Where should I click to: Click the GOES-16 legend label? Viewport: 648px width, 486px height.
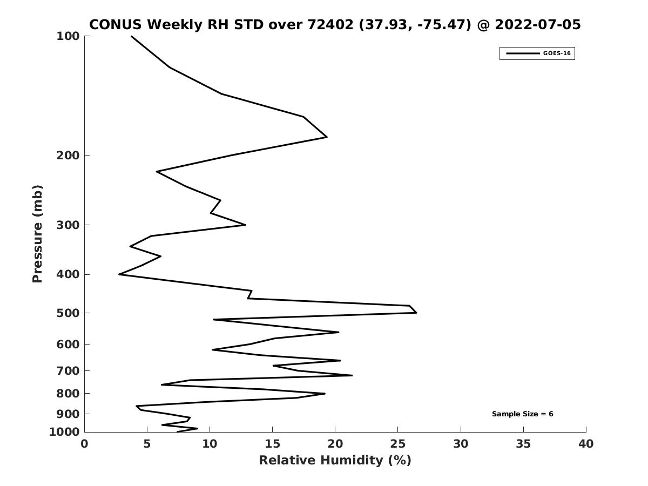click(557, 53)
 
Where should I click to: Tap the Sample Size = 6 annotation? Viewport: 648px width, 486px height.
click(522, 414)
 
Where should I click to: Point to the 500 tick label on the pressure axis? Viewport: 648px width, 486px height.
click(68, 313)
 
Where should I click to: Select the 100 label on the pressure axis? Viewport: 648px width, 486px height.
click(68, 36)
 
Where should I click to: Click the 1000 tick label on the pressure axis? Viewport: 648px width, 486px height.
click(64, 432)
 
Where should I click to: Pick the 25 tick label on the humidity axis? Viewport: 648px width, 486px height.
click(397, 444)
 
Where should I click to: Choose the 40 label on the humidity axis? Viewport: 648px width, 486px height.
click(586, 444)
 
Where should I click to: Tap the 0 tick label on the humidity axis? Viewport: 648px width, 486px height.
click(84, 444)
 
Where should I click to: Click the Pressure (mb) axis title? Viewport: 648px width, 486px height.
click(37, 234)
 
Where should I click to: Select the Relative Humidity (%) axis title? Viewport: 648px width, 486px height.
click(335, 460)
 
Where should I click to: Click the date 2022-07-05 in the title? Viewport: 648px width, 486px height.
click(538, 24)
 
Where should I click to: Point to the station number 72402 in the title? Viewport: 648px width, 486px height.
click(330, 24)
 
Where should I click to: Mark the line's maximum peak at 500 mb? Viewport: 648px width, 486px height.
click(416, 313)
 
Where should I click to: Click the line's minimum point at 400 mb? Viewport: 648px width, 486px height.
click(119, 274)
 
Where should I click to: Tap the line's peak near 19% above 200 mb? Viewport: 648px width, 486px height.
click(327, 137)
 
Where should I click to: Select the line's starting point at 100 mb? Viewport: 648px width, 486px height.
click(131, 36)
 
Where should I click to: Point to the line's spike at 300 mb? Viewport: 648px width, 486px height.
click(245, 225)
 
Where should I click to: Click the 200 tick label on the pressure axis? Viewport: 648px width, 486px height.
click(68, 155)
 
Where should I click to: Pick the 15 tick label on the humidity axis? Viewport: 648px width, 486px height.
click(272, 444)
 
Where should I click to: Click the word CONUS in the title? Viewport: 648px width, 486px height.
click(116, 24)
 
